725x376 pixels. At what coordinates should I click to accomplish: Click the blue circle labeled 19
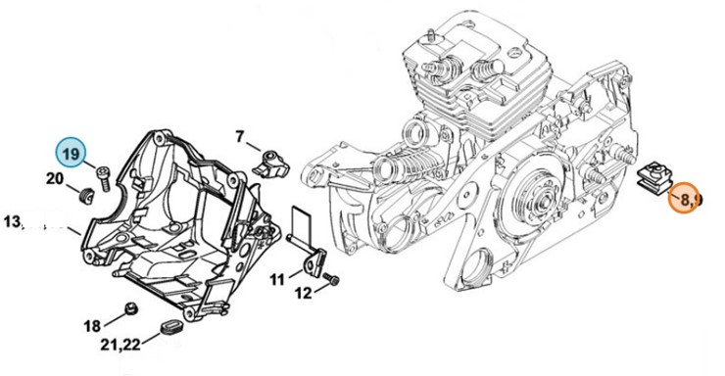click(x=71, y=154)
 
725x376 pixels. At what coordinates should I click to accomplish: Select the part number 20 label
click(x=55, y=178)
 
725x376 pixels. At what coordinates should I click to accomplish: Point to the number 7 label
click(x=239, y=137)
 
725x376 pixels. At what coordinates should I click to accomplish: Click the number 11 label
click(x=277, y=279)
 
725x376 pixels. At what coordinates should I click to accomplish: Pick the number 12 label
click(x=304, y=293)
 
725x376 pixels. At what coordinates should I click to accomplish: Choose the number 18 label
click(x=92, y=326)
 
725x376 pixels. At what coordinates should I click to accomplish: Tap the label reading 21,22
click(x=121, y=344)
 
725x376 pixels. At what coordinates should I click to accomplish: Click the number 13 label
click(x=13, y=221)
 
